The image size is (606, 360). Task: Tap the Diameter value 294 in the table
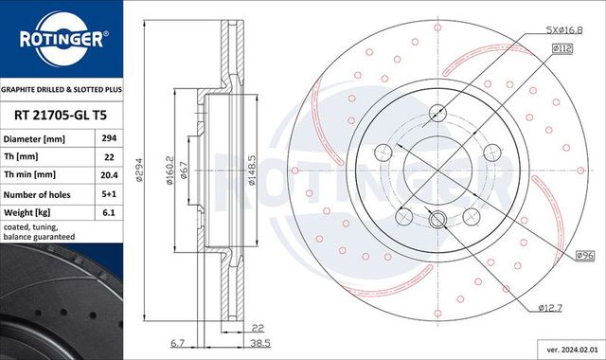(x=109, y=138)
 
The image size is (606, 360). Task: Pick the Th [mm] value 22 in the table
(x=109, y=156)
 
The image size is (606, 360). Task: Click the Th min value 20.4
(x=109, y=174)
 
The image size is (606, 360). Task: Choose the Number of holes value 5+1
(x=109, y=194)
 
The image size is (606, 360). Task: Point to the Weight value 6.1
(x=109, y=213)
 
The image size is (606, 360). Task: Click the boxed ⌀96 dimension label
(x=585, y=255)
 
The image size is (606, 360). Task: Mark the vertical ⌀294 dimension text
(x=138, y=171)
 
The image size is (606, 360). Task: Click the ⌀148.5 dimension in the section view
(x=252, y=171)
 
